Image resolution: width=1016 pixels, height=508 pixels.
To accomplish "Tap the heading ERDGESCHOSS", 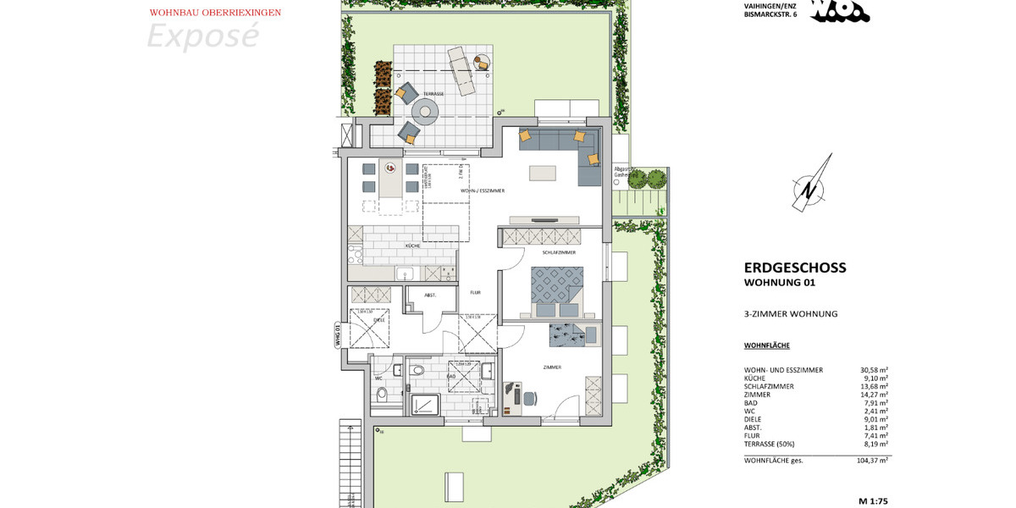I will click(x=794, y=268).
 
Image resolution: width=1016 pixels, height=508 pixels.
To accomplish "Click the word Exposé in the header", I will click(x=202, y=36).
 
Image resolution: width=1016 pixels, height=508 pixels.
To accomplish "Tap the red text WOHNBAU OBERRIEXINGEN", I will click(x=215, y=13).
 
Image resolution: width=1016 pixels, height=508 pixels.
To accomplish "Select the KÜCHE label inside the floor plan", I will click(x=413, y=246).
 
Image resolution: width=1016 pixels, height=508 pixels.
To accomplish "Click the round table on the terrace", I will click(x=424, y=112).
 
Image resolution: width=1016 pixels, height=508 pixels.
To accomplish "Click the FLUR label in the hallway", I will click(x=476, y=291).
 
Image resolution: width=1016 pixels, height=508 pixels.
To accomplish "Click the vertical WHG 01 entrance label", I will click(x=337, y=335).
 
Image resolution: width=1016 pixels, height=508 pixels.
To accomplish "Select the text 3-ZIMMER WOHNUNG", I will click(x=790, y=314).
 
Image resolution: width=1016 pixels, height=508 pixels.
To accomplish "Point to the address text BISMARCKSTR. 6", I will click(x=770, y=14).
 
